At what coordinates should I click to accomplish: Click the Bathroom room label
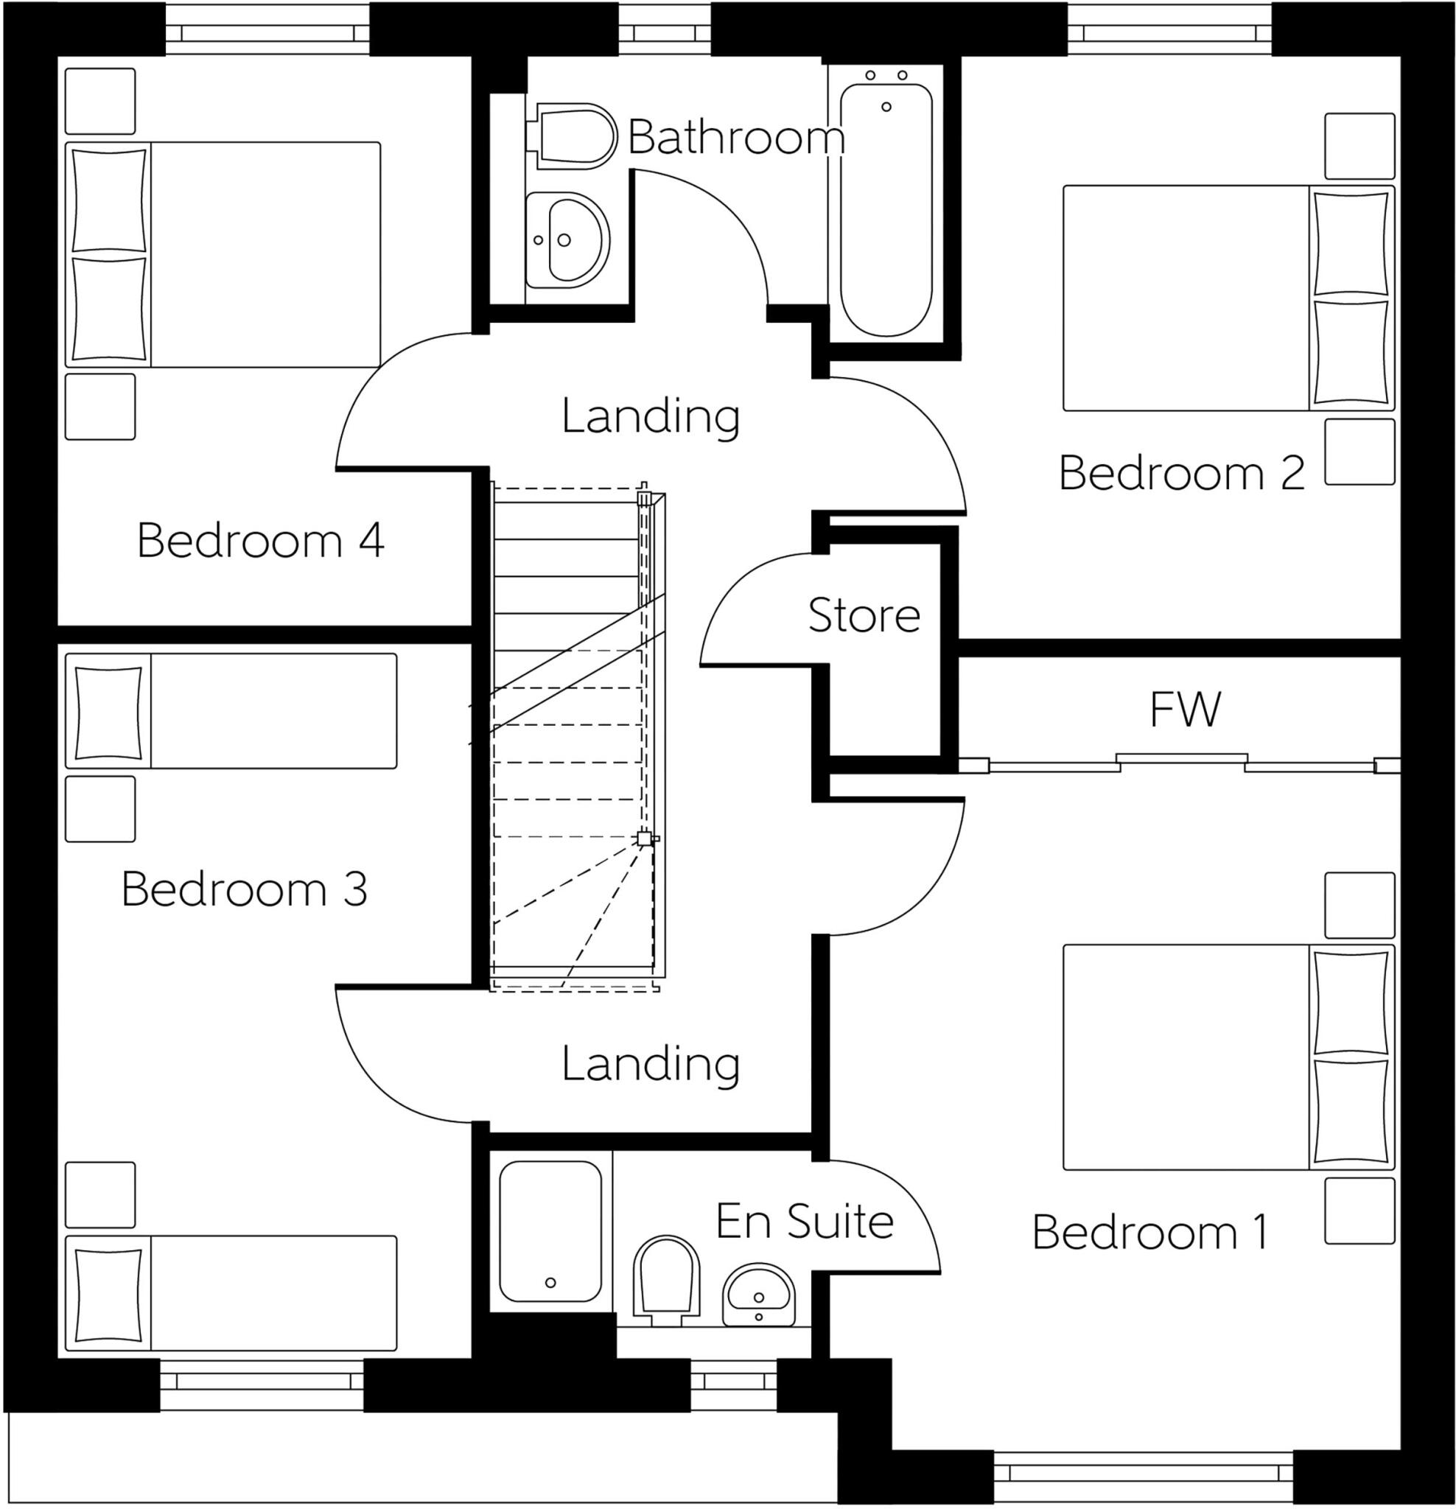735,139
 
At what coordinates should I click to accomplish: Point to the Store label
864,616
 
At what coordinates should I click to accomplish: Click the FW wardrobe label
1184,710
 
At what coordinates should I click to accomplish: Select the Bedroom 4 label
260,541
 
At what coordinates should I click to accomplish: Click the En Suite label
804,1222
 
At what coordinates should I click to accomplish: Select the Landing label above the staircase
651,416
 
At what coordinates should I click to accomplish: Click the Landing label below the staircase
651,1064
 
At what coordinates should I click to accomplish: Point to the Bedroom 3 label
244,889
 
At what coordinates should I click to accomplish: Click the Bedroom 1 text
1149,1233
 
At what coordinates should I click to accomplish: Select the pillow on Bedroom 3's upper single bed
108,710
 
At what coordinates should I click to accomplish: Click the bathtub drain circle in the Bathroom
886,107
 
